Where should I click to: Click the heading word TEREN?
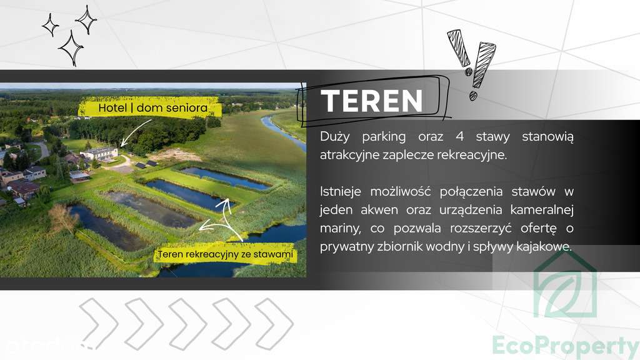(371, 101)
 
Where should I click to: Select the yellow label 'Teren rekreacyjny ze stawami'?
(225, 254)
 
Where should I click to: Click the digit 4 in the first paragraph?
(459, 136)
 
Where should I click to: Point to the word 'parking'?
(384, 137)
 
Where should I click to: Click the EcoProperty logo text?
(565, 346)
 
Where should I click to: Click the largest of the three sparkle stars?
(71, 48)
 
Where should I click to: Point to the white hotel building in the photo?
(99, 153)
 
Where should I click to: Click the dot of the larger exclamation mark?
(473, 96)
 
